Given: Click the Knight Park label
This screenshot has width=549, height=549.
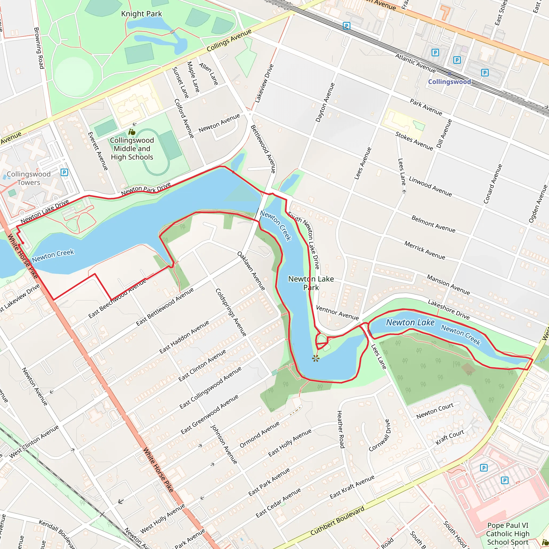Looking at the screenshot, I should coord(141,14).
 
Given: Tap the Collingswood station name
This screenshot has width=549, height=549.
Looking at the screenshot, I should coord(449,81).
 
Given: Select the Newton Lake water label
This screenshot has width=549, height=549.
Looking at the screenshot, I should coord(410,322).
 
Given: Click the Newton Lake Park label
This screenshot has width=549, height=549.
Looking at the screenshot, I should coord(311,283).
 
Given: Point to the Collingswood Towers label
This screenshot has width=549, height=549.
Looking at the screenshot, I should coord(28,178).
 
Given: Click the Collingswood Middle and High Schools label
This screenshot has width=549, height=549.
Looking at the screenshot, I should coord(132,149).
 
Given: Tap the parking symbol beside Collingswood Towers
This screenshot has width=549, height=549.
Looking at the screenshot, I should coord(65,172).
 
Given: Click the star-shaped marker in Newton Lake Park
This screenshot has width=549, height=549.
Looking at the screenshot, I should coord(316,358).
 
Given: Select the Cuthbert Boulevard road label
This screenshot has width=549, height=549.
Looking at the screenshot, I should coord(337,521).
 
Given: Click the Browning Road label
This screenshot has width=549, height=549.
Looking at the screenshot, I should coord(39,48).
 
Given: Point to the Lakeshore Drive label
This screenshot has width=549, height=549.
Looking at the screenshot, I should coord(449,310).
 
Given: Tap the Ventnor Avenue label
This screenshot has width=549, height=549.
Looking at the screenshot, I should coord(337,313).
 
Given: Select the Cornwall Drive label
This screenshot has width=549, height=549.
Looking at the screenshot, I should coord(380,436).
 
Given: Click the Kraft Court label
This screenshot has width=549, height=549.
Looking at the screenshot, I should coord(450,437).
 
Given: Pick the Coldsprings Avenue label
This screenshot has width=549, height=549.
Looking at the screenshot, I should coord(231,313).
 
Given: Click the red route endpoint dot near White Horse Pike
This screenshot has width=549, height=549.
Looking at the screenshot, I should coord(23,243).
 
